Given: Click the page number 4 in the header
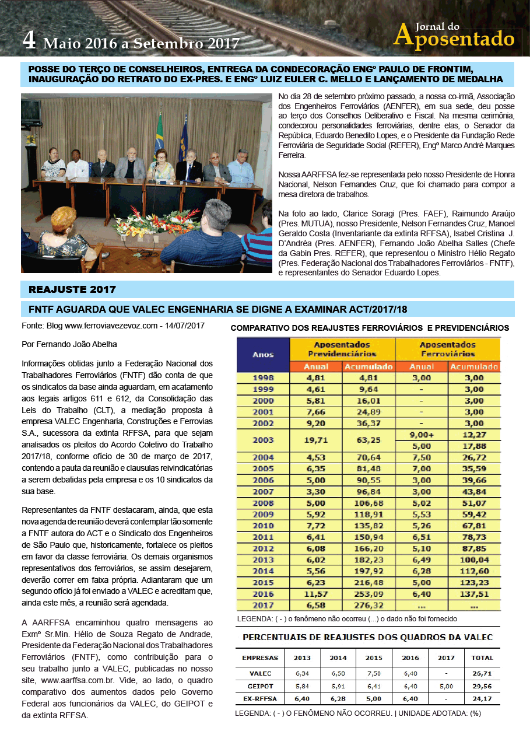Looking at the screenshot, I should pyautogui.click(x=30, y=40).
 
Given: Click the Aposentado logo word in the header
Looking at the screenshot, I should pyautogui.click(x=454, y=38).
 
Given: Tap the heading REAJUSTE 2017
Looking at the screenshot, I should pyautogui.click(x=72, y=289).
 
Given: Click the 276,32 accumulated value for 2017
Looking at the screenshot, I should pyautogui.click(x=368, y=605).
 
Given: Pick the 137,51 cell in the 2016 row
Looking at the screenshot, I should pyautogui.click(x=474, y=594).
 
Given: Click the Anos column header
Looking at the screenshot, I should pyautogui.click(x=263, y=354).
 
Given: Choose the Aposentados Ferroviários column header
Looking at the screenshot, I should pyautogui.click(x=447, y=349).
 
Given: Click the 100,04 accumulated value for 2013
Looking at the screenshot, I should pyautogui.click(x=474, y=560).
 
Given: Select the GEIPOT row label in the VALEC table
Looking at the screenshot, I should pyautogui.click(x=260, y=686).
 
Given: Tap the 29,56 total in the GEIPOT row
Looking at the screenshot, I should pyautogui.click(x=482, y=686).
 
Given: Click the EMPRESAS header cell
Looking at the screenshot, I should pyautogui.click(x=260, y=657).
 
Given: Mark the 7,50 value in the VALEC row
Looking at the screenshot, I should pyautogui.click(x=374, y=673).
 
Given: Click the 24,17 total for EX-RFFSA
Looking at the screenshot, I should pyautogui.click(x=482, y=698).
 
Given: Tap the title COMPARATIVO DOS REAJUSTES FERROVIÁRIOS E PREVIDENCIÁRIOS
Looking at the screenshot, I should pyautogui.click(x=370, y=328).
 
